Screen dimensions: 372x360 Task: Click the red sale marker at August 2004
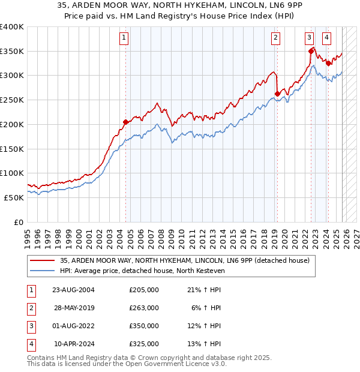(125, 122)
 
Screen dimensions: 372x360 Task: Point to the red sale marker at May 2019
(277, 93)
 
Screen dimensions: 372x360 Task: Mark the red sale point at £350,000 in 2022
(311, 51)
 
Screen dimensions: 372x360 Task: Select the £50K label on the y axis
(13, 197)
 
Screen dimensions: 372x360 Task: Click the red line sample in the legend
(42, 260)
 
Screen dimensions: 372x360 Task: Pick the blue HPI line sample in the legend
(42, 271)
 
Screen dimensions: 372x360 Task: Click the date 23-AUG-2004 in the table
(73, 290)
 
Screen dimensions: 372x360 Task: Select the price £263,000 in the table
(144, 308)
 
